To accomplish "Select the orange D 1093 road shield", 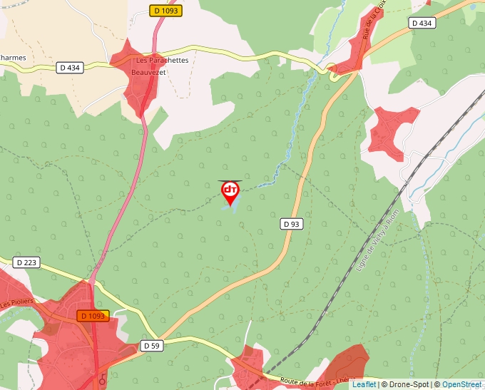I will pyautogui.click(x=93, y=316).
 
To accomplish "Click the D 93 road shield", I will pyautogui.click(x=291, y=224).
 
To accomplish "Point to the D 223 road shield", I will pyautogui.click(x=26, y=263).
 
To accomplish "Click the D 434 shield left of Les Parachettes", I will pyautogui.click(x=69, y=68).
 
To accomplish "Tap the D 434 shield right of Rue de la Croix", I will pyautogui.click(x=422, y=24).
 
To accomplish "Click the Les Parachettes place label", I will pyautogui.click(x=162, y=61).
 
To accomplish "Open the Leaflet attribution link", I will pyautogui.click(x=363, y=384).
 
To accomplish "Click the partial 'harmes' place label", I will pyautogui.click(x=13, y=58).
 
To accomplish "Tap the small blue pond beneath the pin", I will pyautogui.click(x=230, y=208).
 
